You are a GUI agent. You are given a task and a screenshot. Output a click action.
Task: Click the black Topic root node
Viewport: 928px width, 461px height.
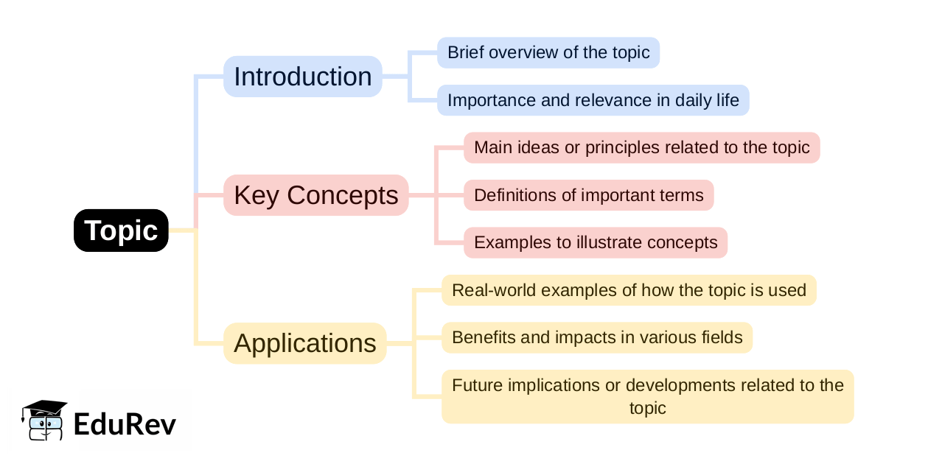coord(121,230)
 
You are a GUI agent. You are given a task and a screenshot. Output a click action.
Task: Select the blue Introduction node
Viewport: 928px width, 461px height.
coord(303,77)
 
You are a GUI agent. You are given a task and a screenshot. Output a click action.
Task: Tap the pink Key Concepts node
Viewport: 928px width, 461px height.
coord(316,195)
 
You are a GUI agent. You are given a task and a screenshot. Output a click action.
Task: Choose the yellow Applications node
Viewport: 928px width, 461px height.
coord(305,343)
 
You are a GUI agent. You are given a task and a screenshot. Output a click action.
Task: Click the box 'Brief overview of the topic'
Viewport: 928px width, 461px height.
coord(548,52)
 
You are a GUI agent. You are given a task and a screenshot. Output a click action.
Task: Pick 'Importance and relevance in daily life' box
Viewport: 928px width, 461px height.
coord(593,100)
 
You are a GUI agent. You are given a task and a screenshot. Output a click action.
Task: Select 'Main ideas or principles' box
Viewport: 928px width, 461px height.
coord(642,148)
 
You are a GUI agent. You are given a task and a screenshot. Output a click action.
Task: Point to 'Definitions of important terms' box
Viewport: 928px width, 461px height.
coord(589,195)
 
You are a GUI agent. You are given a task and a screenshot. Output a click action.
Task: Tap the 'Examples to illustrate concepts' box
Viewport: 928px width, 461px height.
coord(596,242)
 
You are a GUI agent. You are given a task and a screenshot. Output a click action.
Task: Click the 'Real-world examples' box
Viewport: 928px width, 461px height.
coord(629,290)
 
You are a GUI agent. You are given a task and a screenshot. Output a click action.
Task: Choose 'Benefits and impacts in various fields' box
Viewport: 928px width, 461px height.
coord(597,338)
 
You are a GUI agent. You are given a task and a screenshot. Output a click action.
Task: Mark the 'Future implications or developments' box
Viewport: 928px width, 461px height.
coord(648,396)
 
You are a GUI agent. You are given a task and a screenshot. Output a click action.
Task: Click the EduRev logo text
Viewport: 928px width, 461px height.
coord(125,425)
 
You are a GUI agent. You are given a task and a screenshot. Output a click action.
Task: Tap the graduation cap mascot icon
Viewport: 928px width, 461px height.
coord(44,420)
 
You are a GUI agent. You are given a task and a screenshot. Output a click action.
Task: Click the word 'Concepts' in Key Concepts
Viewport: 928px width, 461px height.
coord(342,195)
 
